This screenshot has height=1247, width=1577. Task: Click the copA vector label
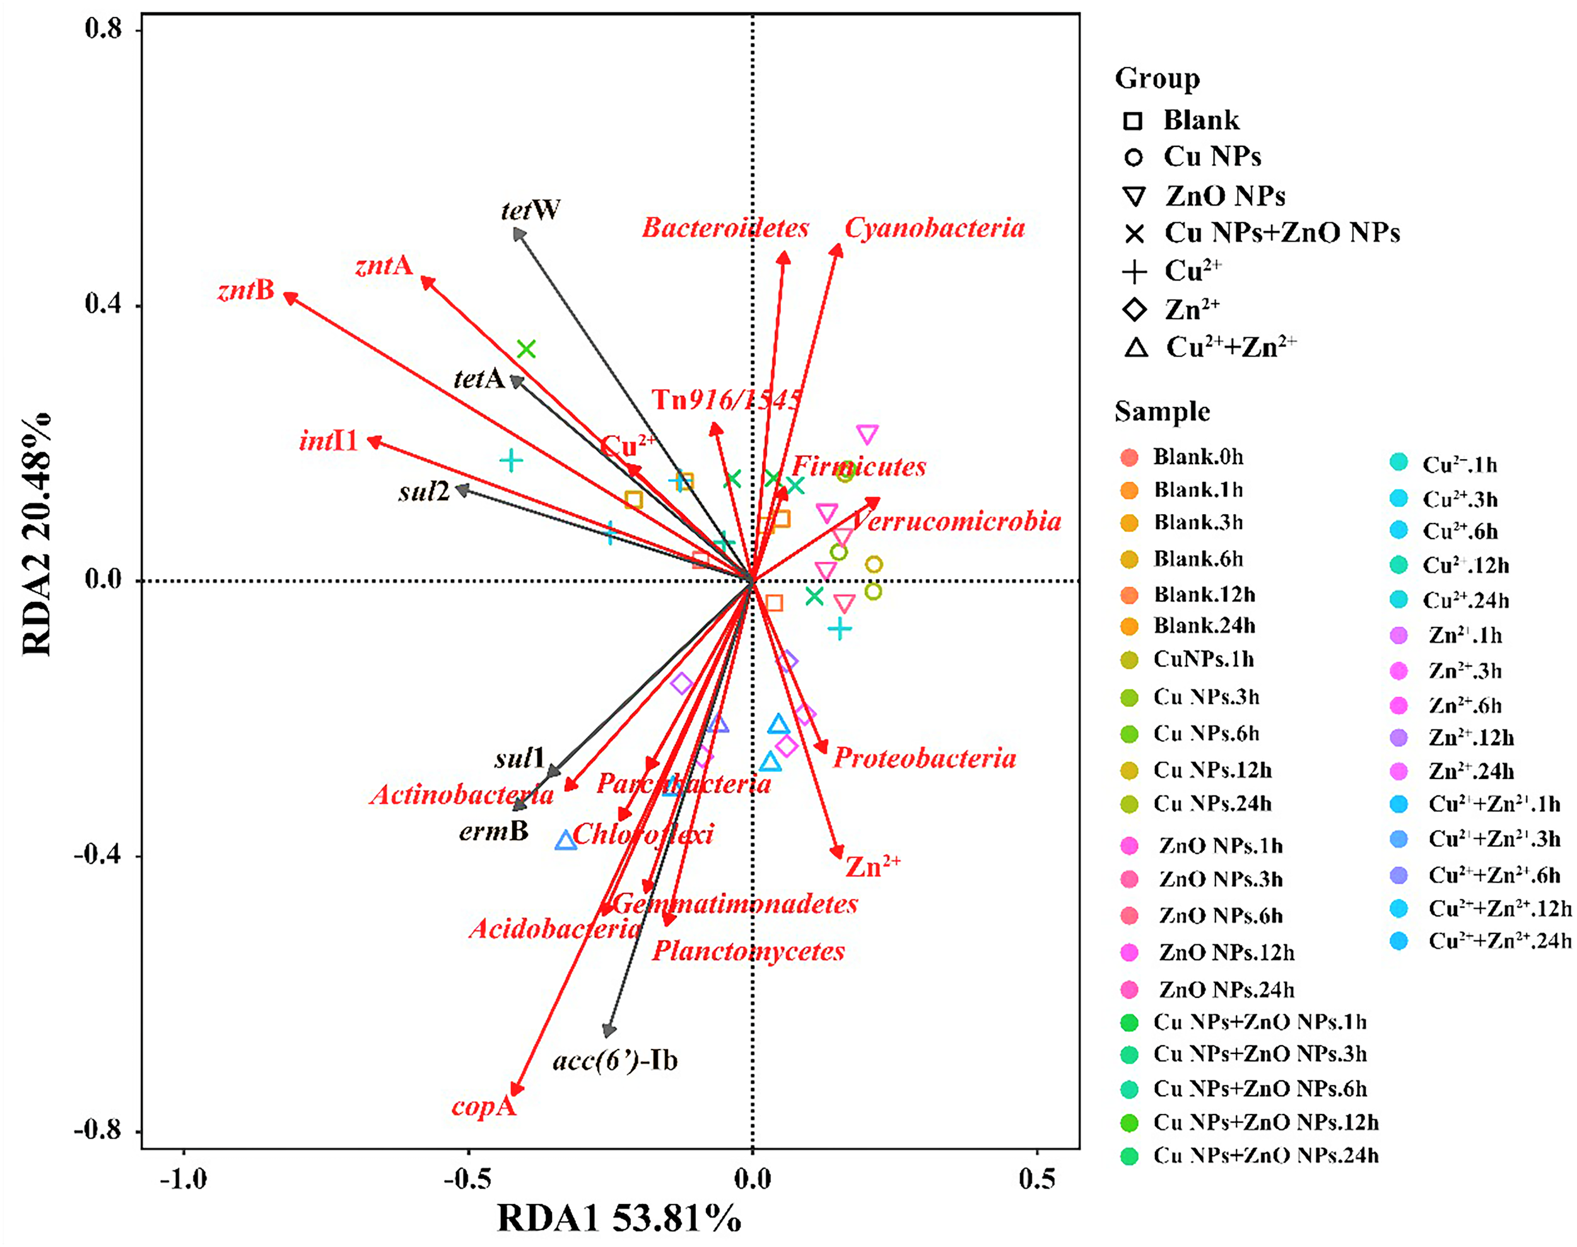483,1108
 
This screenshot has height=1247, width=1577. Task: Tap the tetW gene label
531,211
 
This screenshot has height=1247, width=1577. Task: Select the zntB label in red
246,291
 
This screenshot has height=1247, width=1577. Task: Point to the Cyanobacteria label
934,228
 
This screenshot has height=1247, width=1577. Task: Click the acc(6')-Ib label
615,1060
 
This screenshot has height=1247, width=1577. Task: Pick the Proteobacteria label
924,759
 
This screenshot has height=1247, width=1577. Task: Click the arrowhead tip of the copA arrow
514,1093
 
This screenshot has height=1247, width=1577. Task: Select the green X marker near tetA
526,349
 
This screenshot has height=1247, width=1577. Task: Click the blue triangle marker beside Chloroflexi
566,841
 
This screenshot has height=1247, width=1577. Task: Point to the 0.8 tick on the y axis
102,29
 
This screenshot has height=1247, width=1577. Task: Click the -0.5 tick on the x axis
467,1178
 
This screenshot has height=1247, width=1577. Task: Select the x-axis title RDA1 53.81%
619,1219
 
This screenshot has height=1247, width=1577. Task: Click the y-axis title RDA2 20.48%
37,533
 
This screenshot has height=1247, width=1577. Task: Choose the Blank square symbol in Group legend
1132,120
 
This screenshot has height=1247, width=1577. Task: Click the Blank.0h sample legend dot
1129,458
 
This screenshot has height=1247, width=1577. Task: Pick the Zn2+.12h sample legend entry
1470,738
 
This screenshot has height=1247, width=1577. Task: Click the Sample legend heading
1161,412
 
